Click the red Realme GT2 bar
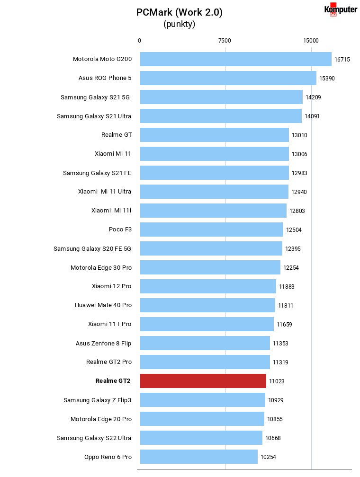tap(203, 381)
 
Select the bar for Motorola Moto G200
tap(236, 59)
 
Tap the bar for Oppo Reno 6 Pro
tap(199, 457)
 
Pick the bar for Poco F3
tap(212, 230)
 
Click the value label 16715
tap(342, 60)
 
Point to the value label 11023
tap(277, 381)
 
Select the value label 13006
tap(299, 154)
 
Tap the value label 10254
tap(268, 457)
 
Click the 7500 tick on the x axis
tap(225, 41)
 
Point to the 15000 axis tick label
tap(311, 41)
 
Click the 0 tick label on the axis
tap(139, 41)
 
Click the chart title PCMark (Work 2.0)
tap(180, 12)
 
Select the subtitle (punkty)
tap(180, 24)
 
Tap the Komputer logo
tap(341, 9)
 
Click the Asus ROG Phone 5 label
tap(105, 78)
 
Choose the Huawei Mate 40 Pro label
tap(103, 305)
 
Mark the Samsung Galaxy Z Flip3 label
tap(97, 400)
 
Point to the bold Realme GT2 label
tap(113, 381)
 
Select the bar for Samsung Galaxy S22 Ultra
tap(201, 438)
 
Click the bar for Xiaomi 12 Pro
tap(208, 286)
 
